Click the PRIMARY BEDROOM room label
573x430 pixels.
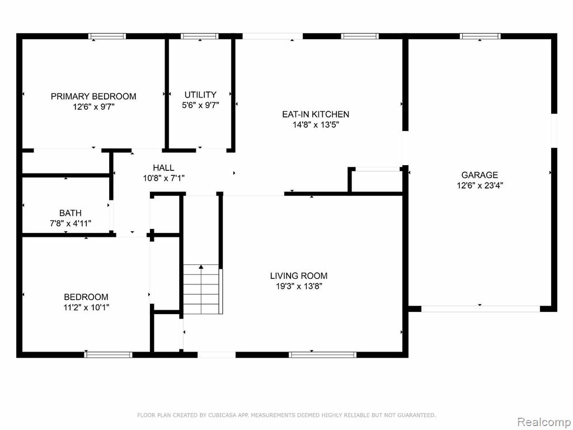click(93, 96)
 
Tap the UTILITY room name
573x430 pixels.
click(200, 95)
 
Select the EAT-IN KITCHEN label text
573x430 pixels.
click(316, 114)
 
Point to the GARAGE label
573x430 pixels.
click(480, 175)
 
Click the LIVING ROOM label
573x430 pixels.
click(299, 275)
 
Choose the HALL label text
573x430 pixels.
click(163, 168)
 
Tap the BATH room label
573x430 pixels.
click(70, 213)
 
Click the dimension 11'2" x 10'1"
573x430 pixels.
click(86, 307)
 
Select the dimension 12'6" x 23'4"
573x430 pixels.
click(480, 185)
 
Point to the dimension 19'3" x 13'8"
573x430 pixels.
click(299, 286)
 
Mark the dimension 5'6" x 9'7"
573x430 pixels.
click(200, 105)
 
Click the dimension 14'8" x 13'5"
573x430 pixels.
click(316, 125)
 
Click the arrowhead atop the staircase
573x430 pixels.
click(201, 267)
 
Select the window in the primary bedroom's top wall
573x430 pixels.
click(107, 36)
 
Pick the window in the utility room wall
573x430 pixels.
click(200, 36)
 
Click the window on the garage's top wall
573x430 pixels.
click(480, 36)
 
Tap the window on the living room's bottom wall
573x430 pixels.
click(322, 354)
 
